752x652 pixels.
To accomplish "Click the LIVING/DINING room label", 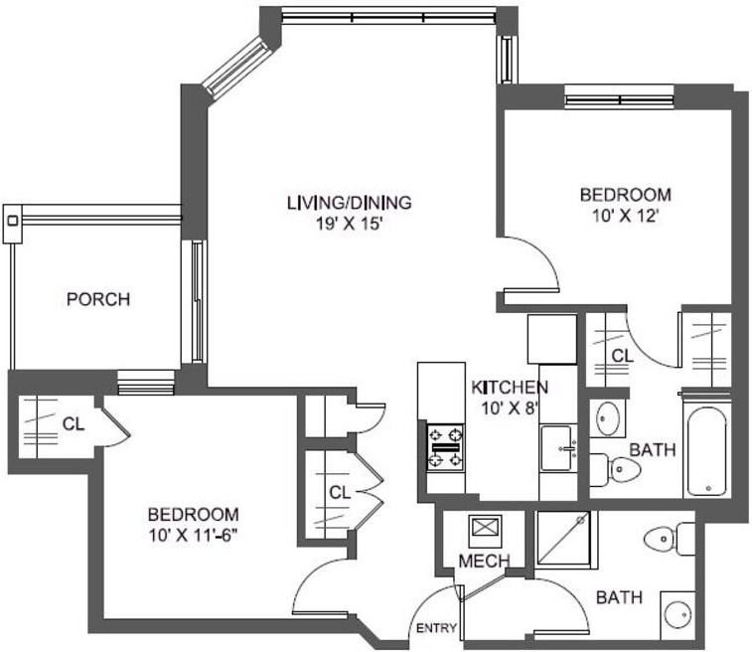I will [x=349, y=203].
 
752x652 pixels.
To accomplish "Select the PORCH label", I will [x=97, y=299].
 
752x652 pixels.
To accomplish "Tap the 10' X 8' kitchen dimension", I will [x=510, y=407].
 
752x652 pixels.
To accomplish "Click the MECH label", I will [x=484, y=562].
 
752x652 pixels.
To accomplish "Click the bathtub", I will [x=706, y=450].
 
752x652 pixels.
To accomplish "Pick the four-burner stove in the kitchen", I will [x=445, y=446].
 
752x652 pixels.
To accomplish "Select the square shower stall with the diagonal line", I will [x=562, y=539].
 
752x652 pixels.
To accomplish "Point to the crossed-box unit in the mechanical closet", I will [x=486, y=528].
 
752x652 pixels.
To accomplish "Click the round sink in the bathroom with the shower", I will [x=677, y=611].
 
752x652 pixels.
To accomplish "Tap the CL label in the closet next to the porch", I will [x=72, y=424].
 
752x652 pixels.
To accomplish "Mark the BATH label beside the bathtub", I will [x=653, y=450].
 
